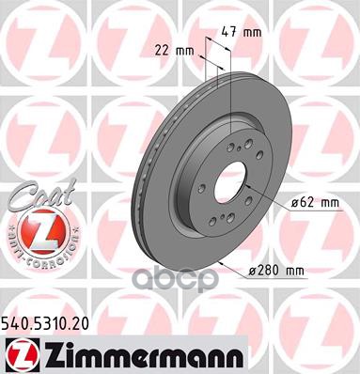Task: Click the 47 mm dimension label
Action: coord(247,31)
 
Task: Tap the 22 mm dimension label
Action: coord(168,51)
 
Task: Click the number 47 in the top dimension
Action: coord(237,31)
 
